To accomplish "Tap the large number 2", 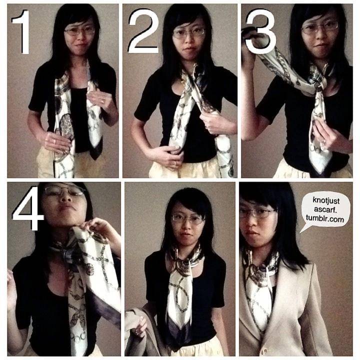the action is [143, 31].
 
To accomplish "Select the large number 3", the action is [260, 31].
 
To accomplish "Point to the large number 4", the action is [27, 208].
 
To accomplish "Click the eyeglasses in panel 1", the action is [79, 31].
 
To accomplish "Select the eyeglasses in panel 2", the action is [188, 33].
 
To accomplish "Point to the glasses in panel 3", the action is [320, 27].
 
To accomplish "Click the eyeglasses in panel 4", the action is [64, 191].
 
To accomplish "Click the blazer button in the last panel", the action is [265, 351].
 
